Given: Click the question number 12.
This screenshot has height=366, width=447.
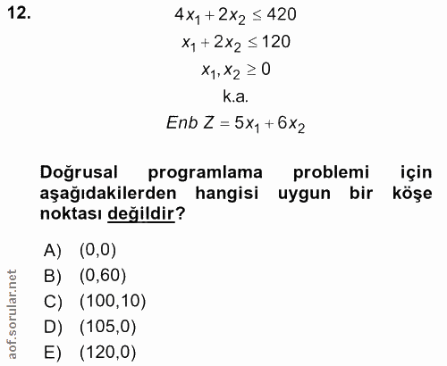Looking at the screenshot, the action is (x=19, y=15).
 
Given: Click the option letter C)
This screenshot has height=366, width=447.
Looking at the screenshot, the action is (x=55, y=301).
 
